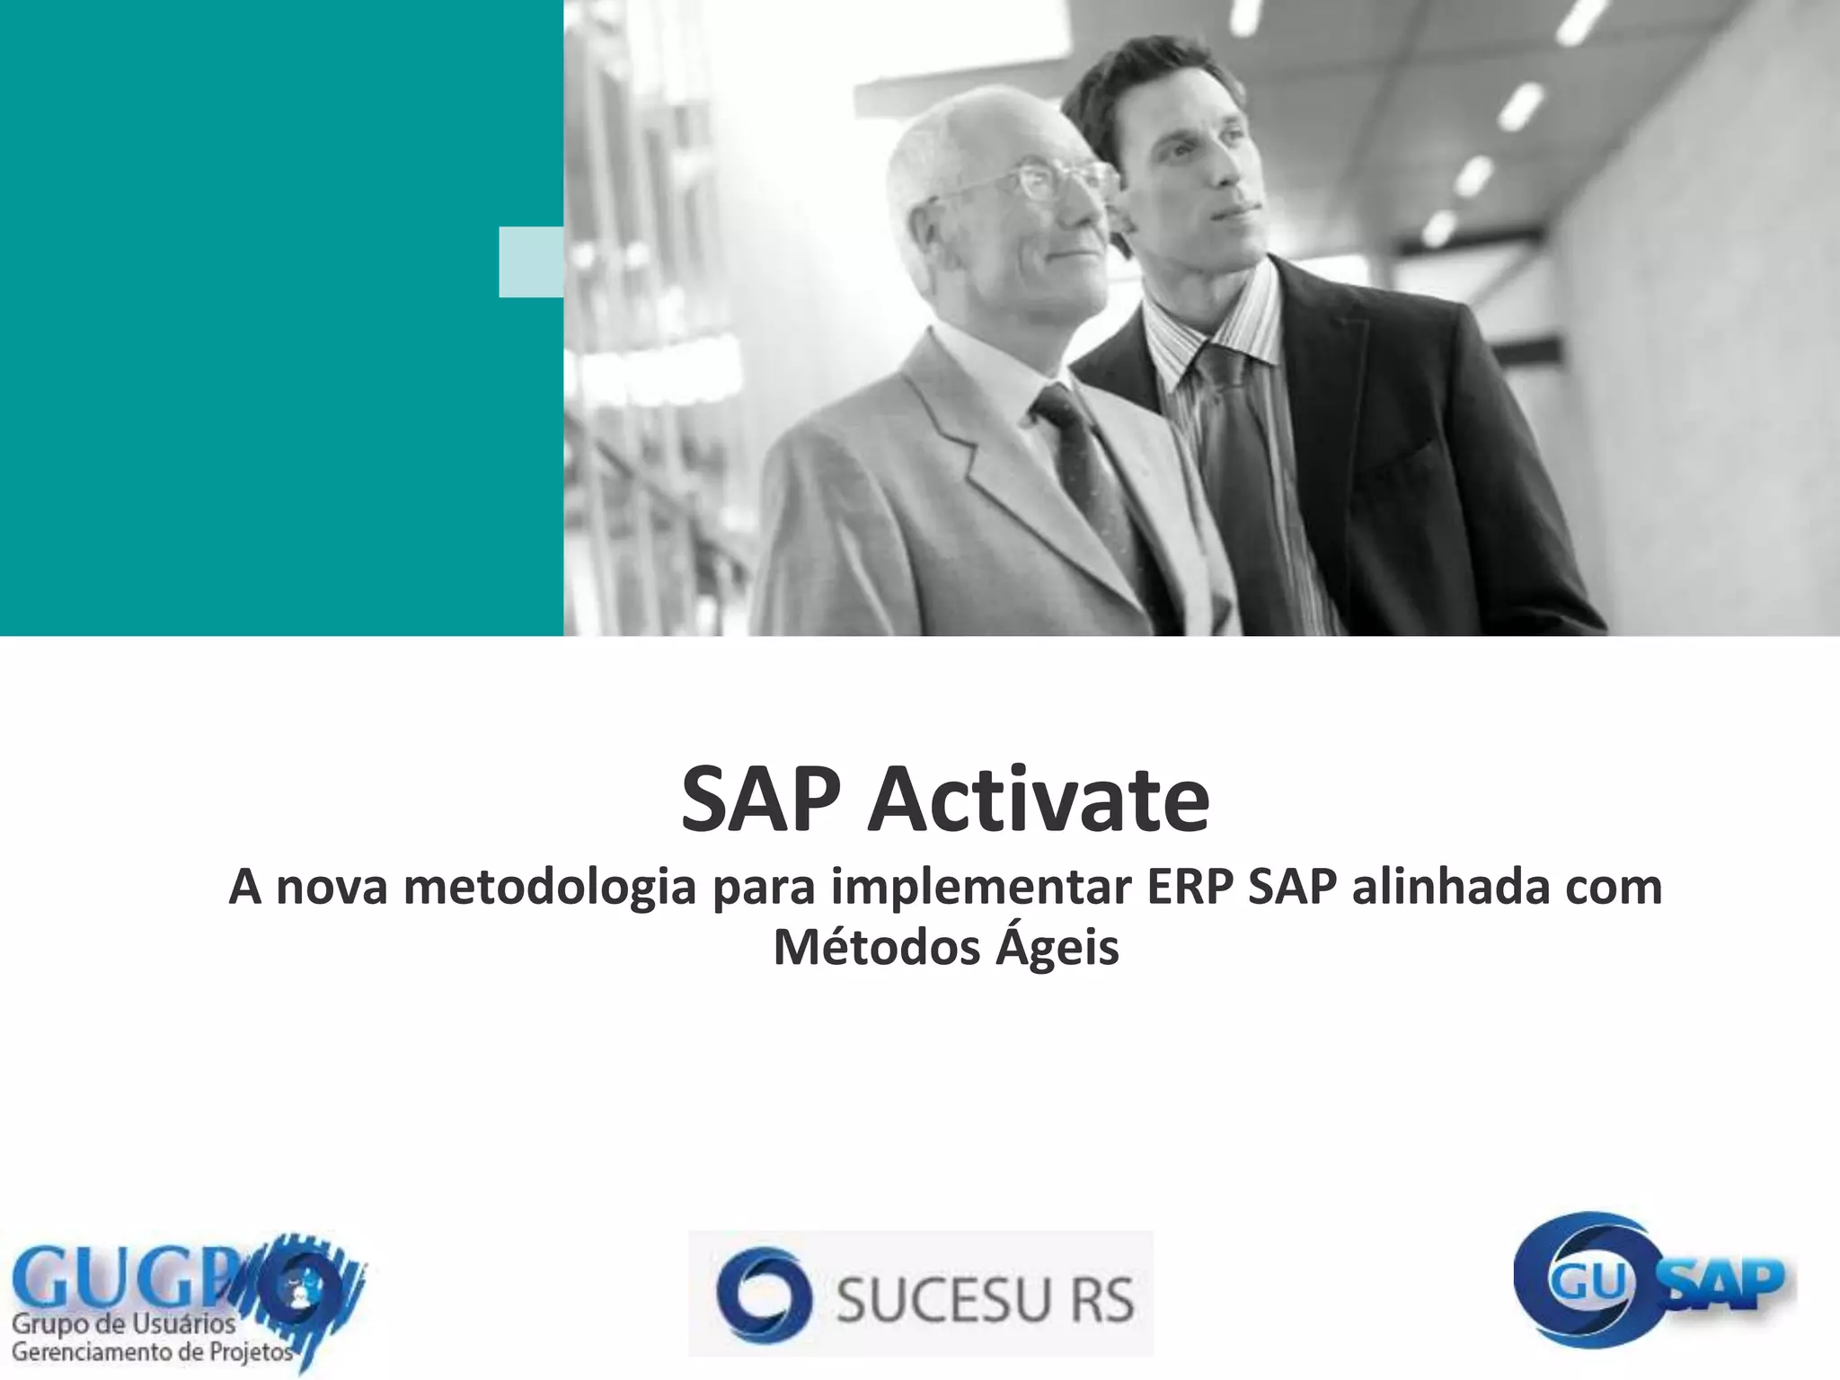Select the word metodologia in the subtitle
point(550,888)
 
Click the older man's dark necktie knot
point(1054,406)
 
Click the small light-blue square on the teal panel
point(531,261)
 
